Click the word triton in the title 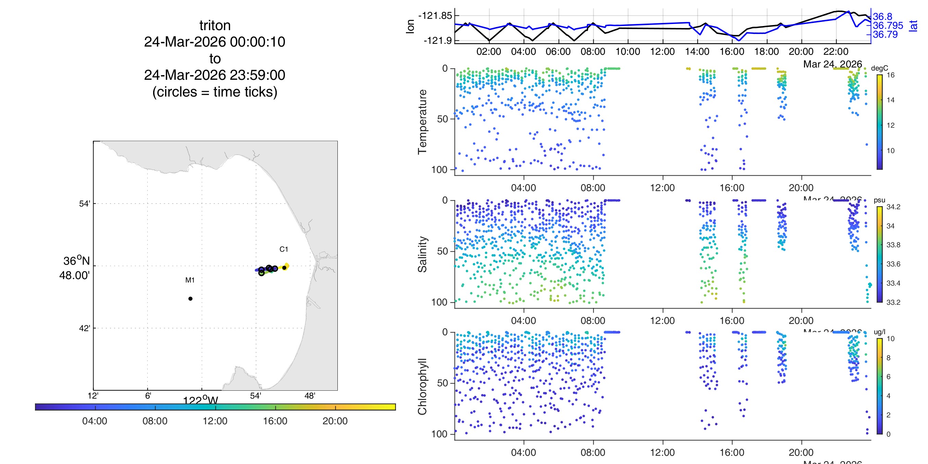pyautogui.click(x=215, y=26)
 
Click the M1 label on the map pyautogui.click(x=190, y=280)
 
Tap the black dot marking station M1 pyautogui.click(x=190, y=299)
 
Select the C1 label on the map pyautogui.click(x=284, y=249)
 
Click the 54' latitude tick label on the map pyautogui.click(x=84, y=203)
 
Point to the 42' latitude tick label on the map pyautogui.click(x=84, y=328)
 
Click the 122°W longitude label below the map pyautogui.click(x=200, y=400)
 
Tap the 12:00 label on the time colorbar pyautogui.click(x=215, y=421)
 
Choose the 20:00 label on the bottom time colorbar pyautogui.click(x=335, y=421)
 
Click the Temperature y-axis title pyautogui.click(x=422, y=122)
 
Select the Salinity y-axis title pyautogui.click(x=422, y=254)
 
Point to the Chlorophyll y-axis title pyautogui.click(x=422, y=386)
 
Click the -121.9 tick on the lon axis pyautogui.click(x=437, y=40)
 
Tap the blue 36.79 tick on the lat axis pyautogui.click(x=885, y=35)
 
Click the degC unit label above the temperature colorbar pyautogui.click(x=879, y=68)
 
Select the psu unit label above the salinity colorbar pyautogui.click(x=879, y=200)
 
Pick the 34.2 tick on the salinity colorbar pyautogui.click(x=893, y=207)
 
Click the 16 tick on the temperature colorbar pyautogui.click(x=891, y=75)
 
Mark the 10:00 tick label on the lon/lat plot pyautogui.click(x=628, y=51)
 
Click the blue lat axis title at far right pyautogui.click(x=913, y=26)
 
